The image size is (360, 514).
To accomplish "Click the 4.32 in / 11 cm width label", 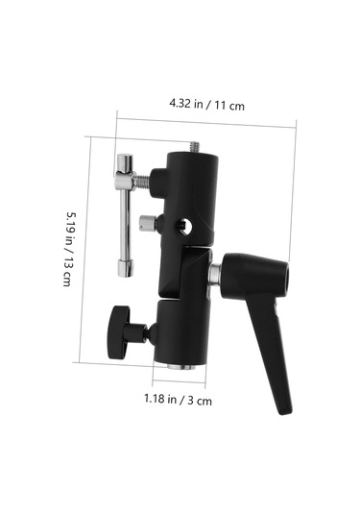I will click(206, 103).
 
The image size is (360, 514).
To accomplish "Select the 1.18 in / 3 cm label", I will click(178, 398).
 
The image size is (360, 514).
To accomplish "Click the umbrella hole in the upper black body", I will click(183, 227).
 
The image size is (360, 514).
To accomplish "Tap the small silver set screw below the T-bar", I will click(146, 224).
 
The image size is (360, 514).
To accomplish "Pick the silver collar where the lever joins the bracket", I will click(214, 273).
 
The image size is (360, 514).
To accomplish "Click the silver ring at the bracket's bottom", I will click(180, 365).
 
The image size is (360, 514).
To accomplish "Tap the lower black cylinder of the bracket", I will click(179, 331).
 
